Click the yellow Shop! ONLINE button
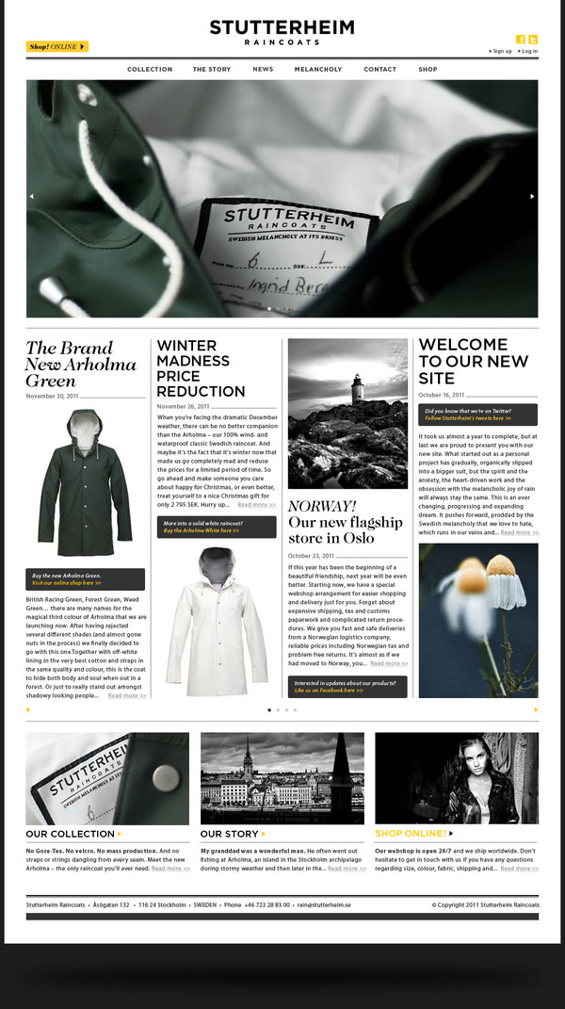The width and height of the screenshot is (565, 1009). pyautogui.click(x=56, y=46)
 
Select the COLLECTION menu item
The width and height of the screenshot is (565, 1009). pyautogui.click(x=150, y=70)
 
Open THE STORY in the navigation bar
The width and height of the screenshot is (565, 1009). pyautogui.click(x=212, y=70)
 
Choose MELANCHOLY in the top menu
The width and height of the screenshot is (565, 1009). pyautogui.click(x=318, y=70)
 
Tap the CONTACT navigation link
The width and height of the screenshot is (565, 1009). pyautogui.click(x=379, y=70)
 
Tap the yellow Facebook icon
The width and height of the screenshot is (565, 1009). pyautogui.click(x=520, y=40)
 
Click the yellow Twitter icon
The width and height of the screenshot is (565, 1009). pyautogui.click(x=532, y=40)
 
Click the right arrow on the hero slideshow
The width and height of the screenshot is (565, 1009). pyautogui.click(x=532, y=196)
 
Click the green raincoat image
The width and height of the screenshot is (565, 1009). pyautogui.click(x=85, y=482)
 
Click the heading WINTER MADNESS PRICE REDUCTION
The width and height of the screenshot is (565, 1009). pyautogui.click(x=201, y=368)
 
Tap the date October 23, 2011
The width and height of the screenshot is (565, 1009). pyautogui.click(x=314, y=555)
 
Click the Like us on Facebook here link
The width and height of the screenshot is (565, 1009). pyautogui.click(x=329, y=691)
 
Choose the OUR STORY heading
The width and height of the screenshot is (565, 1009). pyautogui.click(x=229, y=834)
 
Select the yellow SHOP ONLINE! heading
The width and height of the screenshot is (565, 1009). pyautogui.click(x=411, y=834)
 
